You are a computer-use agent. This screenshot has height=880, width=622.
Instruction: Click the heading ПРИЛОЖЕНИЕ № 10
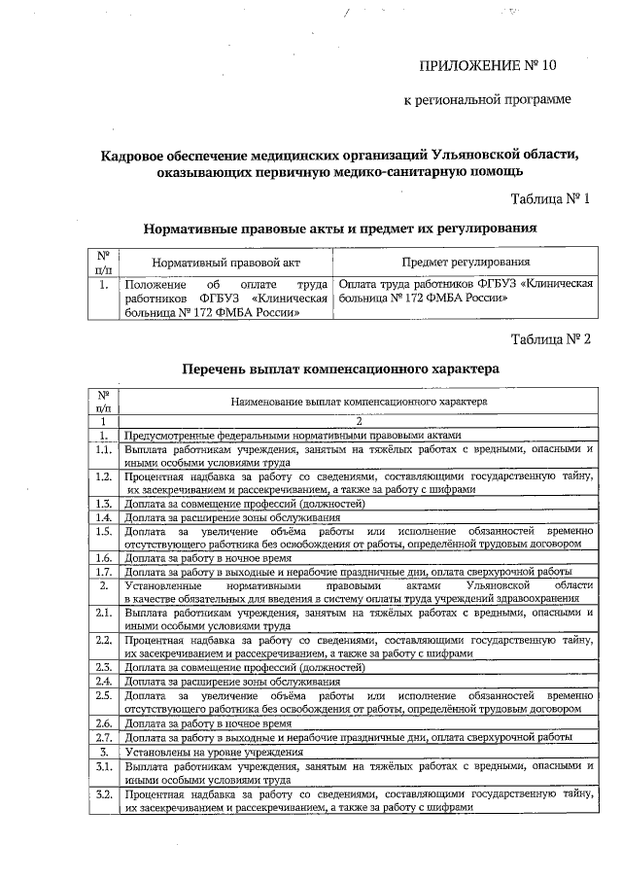(489, 66)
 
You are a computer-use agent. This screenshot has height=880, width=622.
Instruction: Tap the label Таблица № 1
(550, 198)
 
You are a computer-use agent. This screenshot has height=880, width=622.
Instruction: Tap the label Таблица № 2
(550, 339)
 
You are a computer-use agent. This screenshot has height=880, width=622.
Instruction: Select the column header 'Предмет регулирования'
(466, 262)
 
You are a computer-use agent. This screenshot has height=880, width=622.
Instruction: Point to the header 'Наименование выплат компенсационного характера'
(359, 401)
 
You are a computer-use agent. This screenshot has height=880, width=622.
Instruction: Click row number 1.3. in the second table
(103, 503)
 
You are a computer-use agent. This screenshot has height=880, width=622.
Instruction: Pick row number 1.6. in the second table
(103, 558)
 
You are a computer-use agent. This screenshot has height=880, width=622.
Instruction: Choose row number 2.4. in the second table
(103, 681)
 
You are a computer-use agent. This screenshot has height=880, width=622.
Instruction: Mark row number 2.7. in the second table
(103, 737)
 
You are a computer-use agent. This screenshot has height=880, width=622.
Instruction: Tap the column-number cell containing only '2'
(359, 421)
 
